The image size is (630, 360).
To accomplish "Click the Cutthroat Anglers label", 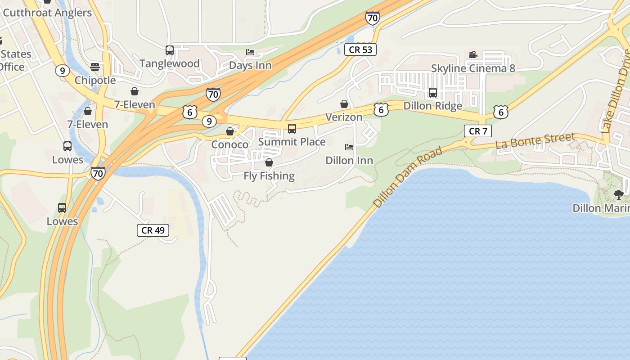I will [47, 13].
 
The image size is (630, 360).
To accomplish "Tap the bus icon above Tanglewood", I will [170, 50].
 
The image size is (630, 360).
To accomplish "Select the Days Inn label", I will [250, 65].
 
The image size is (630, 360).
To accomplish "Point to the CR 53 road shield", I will [360, 49].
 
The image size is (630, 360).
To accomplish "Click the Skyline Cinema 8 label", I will [473, 68].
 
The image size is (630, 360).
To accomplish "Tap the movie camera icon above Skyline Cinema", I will [473, 54].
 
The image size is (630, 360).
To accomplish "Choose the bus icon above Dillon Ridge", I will [433, 93].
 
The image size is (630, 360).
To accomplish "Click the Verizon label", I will [344, 117].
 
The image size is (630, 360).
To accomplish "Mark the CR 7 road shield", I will [478, 131].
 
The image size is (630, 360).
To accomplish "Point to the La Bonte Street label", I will [535, 140].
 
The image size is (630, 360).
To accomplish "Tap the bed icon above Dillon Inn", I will [349, 147].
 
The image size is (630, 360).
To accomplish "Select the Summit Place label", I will [292, 142].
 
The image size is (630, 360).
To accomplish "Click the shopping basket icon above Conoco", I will [230, 131].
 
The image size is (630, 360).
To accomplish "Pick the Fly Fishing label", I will [269, 175].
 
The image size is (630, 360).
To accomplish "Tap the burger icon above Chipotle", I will [95, 67].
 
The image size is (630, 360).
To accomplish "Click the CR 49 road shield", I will [153, 230].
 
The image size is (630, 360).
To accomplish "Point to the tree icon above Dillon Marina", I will [619, 194].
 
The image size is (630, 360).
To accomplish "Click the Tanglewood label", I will [170, 63].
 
